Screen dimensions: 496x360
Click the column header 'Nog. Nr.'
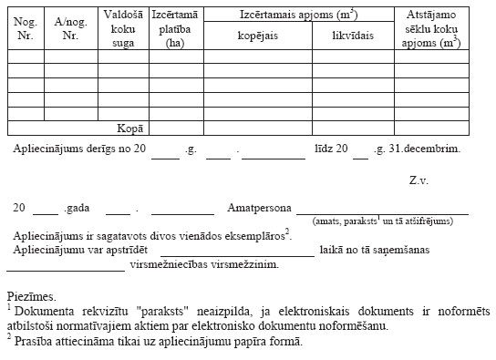pos(25,27)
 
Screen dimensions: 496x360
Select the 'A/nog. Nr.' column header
pos(70,27)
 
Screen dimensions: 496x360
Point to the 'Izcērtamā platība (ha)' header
pos(176,27)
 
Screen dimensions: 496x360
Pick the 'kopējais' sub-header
pos(256,36)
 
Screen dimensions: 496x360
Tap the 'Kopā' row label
pos(131,129)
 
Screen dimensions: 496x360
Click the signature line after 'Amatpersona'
pos(382,211)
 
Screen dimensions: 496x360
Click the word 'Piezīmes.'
pos(29,296)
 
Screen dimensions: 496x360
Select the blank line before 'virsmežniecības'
pos(65,270)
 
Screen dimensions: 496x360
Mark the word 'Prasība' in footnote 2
pos(33,341)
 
